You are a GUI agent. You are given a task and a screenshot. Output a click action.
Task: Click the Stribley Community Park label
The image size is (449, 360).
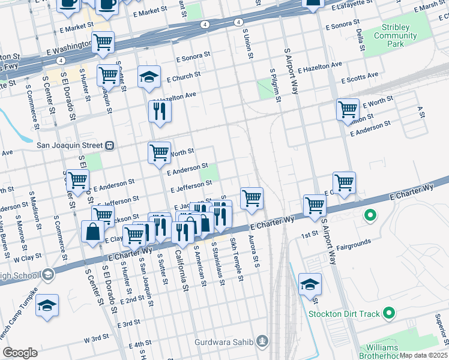tap(404, 35)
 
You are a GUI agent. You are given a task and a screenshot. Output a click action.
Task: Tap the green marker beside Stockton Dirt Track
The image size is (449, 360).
tap(389, 313)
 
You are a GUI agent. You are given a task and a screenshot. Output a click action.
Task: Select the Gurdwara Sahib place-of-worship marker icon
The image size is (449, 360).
tap(262, 342)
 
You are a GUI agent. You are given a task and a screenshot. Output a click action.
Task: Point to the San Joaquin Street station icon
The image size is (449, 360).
tap(110, 145)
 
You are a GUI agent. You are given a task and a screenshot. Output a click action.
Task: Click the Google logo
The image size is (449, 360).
tap(20, 353)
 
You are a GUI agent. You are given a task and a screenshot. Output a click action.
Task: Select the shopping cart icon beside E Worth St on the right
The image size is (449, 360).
tap(348, 110)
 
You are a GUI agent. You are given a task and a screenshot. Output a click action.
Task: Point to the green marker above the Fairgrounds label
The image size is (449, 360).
tap(370, 214)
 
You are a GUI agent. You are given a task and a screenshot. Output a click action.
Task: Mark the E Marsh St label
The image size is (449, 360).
tap(429, 5)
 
